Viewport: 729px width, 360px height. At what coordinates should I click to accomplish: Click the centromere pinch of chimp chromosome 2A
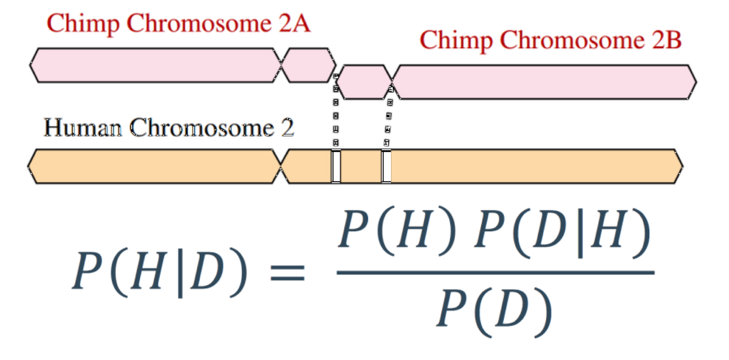tap(282, 65)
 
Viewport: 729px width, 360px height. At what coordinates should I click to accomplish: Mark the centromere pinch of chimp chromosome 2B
tap(392, 82)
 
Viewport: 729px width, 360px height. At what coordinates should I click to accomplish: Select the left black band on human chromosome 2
tap(336, 166)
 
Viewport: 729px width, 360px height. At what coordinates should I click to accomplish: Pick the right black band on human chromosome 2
tap(386, 166)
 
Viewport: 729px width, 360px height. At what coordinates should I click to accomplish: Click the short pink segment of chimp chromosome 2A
tap(309, 65)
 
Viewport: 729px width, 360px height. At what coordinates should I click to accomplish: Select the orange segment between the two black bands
tap(361, 166)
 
